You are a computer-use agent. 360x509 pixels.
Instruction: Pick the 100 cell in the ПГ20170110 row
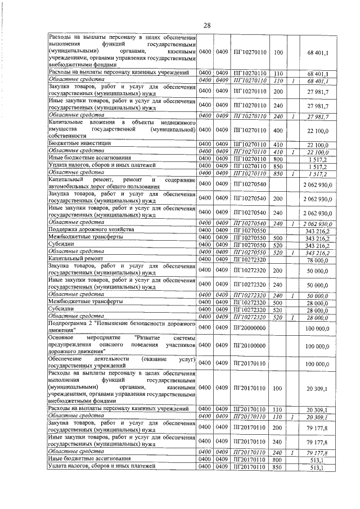(x=277, y=388)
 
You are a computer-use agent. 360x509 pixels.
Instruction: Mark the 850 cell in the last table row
(x=277, y=467)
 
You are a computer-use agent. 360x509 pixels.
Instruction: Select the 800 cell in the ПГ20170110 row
(x=277, y=460)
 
